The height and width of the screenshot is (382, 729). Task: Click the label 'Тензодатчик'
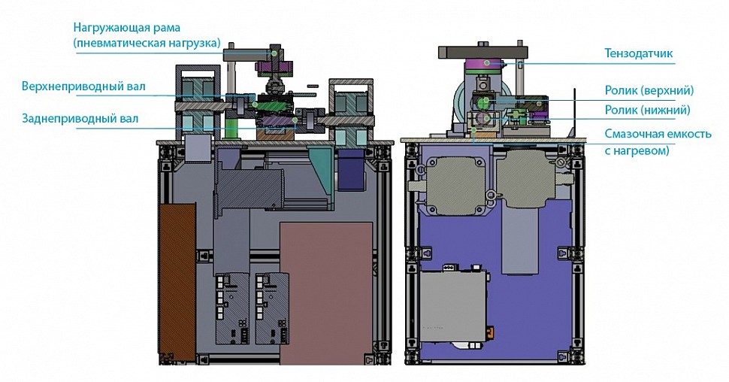coord(638,53)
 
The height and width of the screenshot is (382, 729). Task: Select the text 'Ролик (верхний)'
coord(649,90)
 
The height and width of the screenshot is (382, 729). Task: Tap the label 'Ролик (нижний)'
coord(647,111)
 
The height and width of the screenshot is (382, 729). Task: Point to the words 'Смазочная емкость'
coord(658,134)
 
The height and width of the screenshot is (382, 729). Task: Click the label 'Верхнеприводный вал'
coord(83,86)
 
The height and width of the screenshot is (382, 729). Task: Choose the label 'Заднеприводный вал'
coord(80,119)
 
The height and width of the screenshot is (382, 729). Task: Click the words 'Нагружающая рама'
coord(126,28)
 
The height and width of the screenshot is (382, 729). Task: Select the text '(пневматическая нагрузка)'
coord(147,44)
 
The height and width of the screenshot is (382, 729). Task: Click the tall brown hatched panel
coord(177,282)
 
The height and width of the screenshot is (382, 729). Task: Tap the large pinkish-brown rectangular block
coord(326,293)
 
